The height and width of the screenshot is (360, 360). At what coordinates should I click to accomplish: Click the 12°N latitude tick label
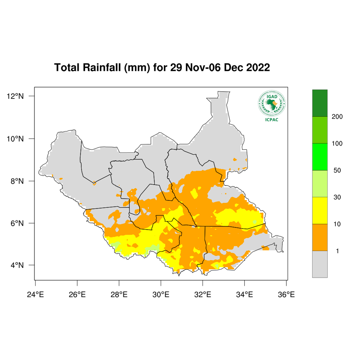[15, 96]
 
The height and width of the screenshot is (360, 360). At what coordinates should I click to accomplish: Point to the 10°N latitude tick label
[15, 139]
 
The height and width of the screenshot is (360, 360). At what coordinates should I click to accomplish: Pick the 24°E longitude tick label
[35, 294]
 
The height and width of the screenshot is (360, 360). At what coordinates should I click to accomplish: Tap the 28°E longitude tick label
[119, 294]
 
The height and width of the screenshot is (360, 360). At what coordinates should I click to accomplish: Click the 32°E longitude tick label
[203, 294]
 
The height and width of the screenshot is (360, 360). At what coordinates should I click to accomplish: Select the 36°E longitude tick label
[286, 294]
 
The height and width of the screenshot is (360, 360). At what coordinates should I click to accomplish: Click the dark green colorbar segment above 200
[320, 103]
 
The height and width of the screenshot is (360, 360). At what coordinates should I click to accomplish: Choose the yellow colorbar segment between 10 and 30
[320, 211]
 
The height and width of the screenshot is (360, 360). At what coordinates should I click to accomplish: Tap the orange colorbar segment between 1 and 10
[320, 237]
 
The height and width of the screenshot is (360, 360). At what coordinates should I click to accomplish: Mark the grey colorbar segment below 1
[320, 264]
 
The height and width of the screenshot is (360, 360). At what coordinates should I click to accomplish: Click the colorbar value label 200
[337, 117]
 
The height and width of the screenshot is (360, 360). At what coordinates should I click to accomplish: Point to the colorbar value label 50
[337, 171]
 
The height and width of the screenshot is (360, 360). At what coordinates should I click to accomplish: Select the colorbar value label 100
[337, 144]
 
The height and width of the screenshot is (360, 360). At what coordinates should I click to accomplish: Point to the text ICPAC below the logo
[271, 120]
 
